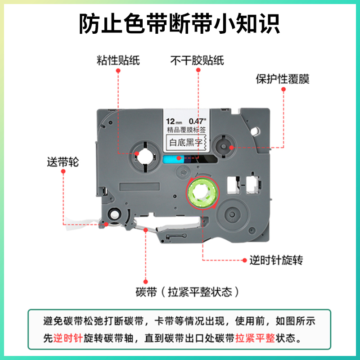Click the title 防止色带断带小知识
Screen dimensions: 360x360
(x=180, y=23)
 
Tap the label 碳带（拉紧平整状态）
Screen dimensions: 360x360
(x=186, y=292)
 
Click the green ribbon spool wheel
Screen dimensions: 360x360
(x=201, y=193)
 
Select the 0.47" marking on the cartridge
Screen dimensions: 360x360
(x=197, y=121)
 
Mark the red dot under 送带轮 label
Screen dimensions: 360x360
(x=63, y=173)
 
